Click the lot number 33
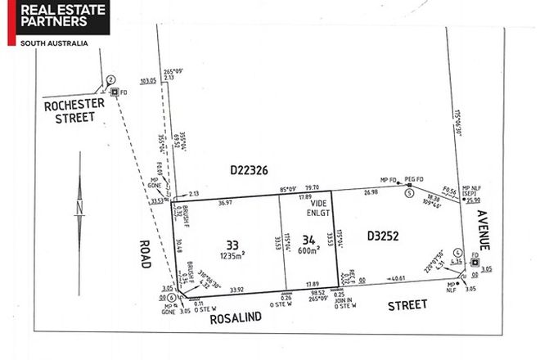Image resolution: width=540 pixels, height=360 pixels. (x=232, y=243)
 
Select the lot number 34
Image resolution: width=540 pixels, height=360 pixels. (x=308, y=240)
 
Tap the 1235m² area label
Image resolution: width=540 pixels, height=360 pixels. (x=234, y=255)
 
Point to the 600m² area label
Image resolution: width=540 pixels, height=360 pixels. (x=308, y=252)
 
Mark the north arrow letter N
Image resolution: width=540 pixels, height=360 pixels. (x=79, y=209)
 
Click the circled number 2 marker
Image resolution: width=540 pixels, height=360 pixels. (x=109, y=79)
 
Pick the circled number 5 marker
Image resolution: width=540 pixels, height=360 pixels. (x=408, y=193)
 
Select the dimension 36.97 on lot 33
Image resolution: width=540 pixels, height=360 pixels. (x=224, y=202)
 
